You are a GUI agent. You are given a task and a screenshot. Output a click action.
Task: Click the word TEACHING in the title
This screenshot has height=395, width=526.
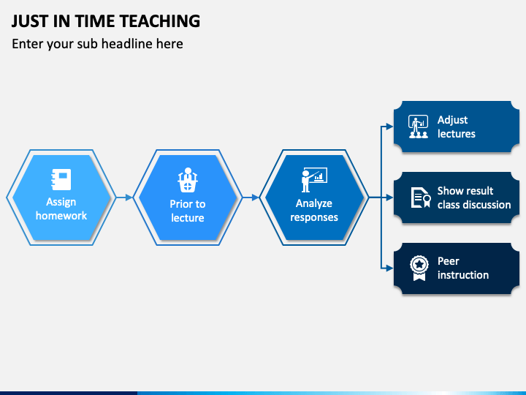pos(160,21)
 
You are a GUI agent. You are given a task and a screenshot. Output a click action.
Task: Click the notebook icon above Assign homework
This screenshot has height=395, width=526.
pos(61,179)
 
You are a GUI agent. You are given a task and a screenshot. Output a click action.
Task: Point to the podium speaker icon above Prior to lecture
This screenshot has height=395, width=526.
pos(188,180)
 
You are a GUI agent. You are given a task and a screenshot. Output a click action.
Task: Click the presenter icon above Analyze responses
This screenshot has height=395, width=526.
pos(314,180)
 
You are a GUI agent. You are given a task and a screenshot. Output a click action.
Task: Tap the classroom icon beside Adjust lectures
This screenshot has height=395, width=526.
pos(418,127)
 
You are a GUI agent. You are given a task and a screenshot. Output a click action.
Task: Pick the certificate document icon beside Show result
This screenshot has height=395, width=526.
pos(421,197)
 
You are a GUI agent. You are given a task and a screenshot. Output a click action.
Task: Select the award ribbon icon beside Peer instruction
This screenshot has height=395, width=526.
pos(419,268)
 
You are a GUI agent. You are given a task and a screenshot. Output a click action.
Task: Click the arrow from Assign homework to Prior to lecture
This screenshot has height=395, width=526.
pos(124,197)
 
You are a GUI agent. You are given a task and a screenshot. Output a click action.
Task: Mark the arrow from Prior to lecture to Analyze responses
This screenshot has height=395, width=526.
pos(251,197)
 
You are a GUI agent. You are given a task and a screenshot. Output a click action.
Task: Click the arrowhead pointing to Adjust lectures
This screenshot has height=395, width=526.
pos(389,127)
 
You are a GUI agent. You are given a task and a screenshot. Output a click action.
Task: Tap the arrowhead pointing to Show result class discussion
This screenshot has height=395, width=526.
pos(389,197)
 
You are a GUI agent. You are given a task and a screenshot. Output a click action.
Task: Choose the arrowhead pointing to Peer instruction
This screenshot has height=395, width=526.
pos(389,268)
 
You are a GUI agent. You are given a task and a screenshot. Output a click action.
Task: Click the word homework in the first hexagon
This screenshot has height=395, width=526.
pos(61,216)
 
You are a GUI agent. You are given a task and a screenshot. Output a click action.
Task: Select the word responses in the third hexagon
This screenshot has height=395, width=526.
pos(314,217)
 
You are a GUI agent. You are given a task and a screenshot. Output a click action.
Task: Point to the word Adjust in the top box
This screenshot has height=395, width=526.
pos(452,120)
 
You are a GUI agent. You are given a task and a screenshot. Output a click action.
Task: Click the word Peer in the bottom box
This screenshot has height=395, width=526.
pos(448,261)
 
